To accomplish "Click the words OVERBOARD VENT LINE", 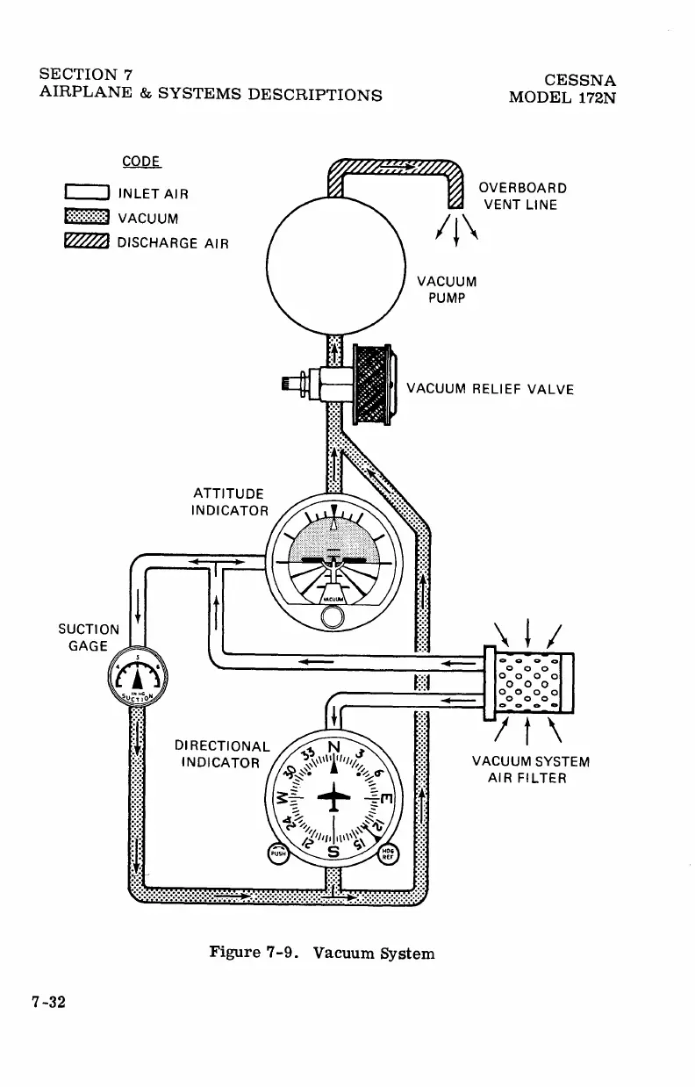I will click(x=521, y=197).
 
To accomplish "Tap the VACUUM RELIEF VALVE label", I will click(x=491, y=389).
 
